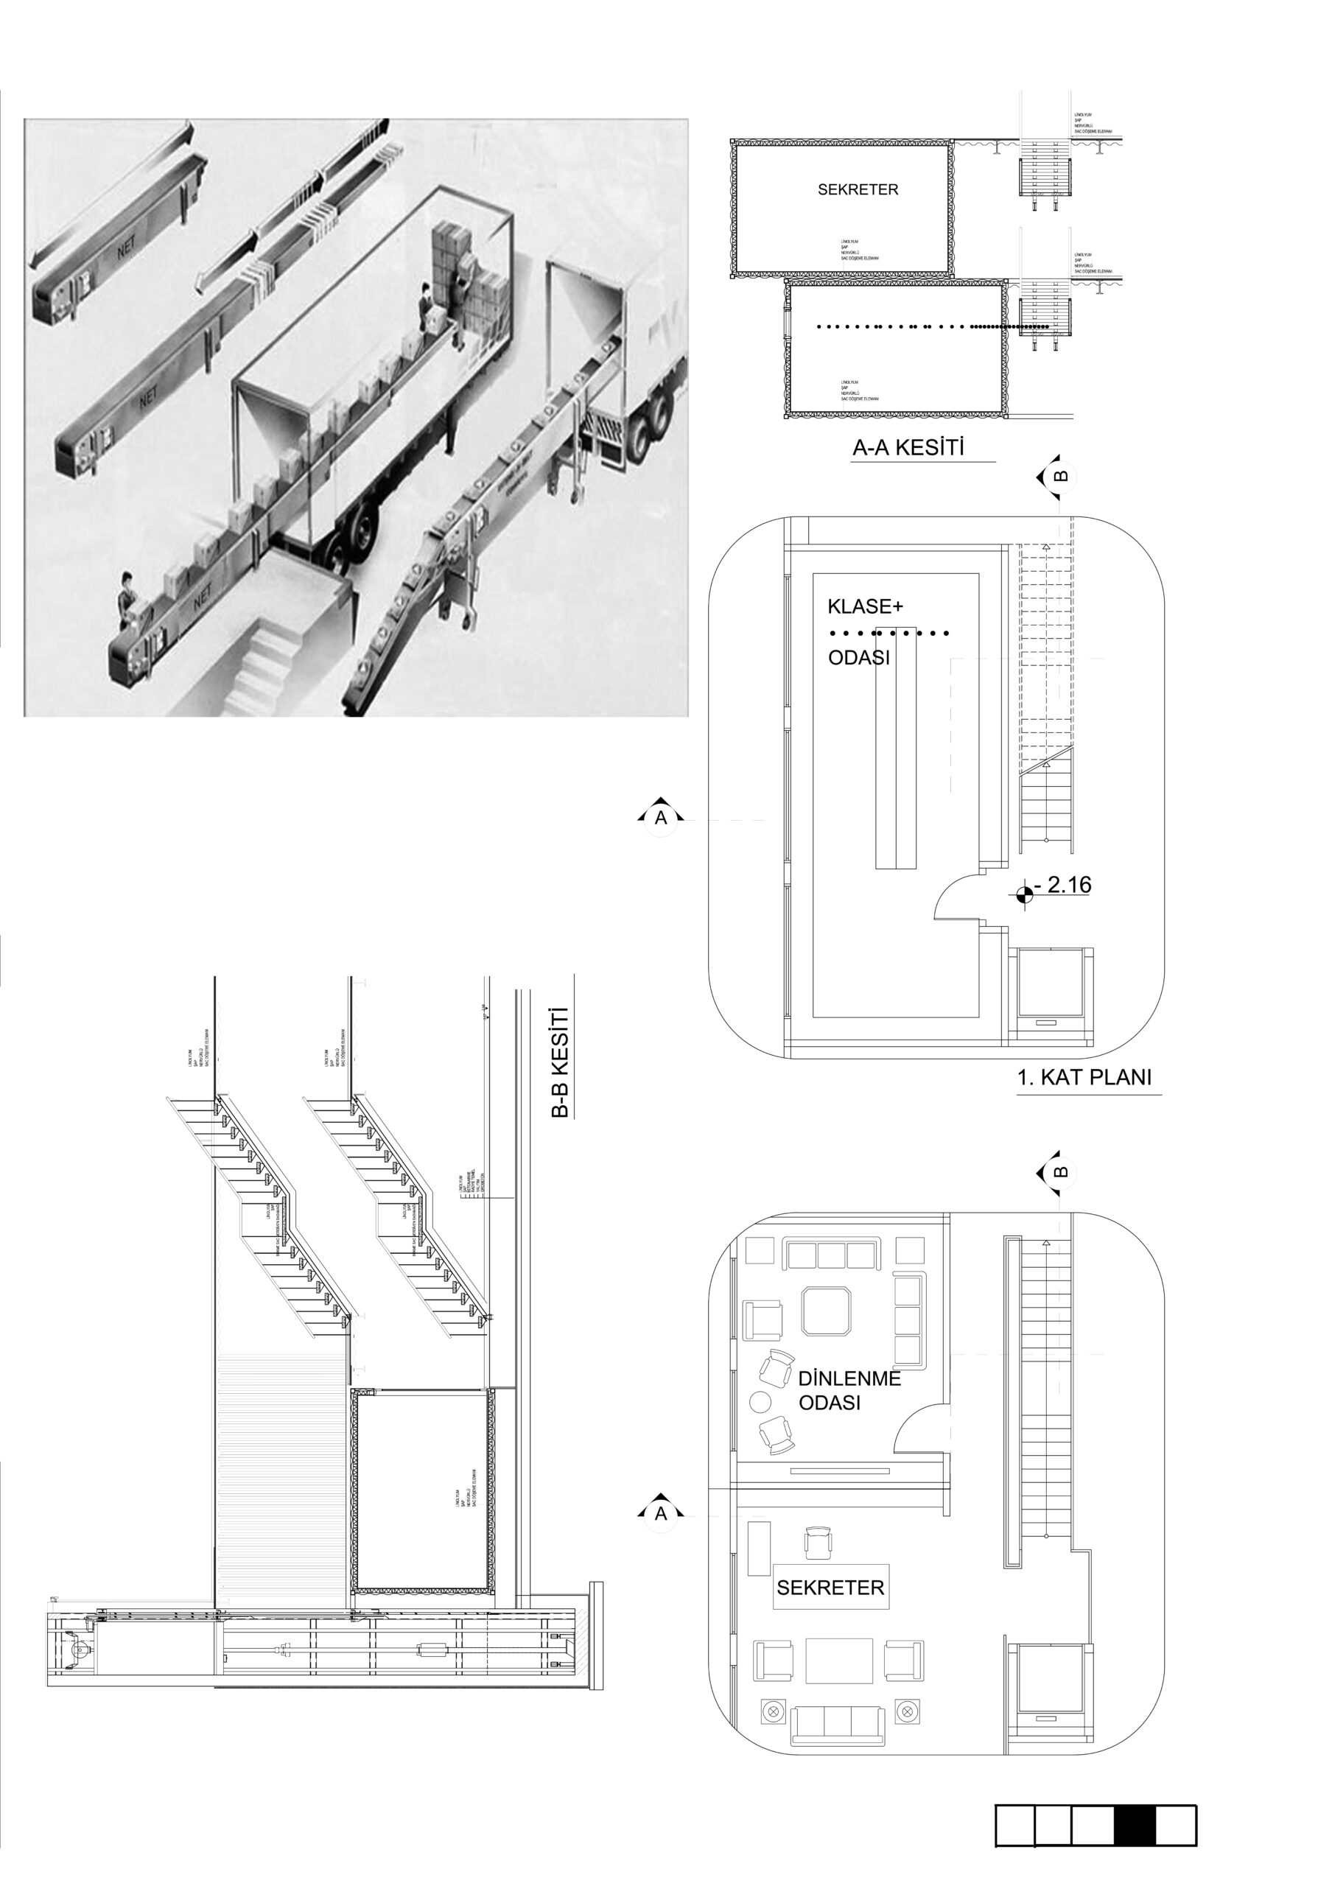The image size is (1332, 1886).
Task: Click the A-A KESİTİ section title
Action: click(908, 448)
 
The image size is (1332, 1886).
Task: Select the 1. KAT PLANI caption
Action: click(1084, 1077)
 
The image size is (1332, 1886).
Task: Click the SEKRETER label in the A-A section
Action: click(858, 190)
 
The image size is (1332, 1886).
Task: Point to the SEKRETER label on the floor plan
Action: click(830, 1588)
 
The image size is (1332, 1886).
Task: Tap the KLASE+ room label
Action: click(865, 607)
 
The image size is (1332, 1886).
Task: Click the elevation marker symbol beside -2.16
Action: click(1023, 894)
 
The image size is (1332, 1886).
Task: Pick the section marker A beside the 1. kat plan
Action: click(661, 817)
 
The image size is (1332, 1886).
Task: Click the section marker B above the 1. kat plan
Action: click(1059, 477)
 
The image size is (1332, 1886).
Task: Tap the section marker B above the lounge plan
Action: click(1059, 1172)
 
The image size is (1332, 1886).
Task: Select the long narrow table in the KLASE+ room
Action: click(895, 748)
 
